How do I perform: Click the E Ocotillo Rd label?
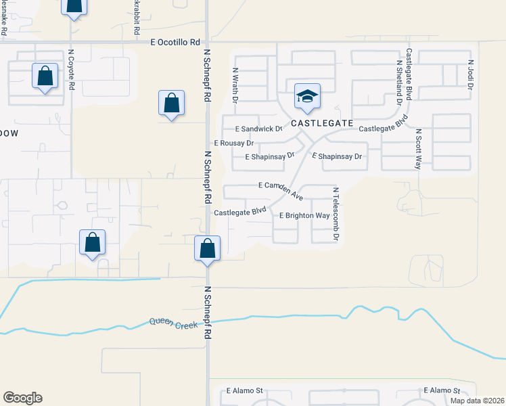(x=177, y=42)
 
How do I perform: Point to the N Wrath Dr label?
(x=235, y=85)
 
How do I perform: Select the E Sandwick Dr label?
(x=258, y=129)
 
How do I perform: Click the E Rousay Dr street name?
(x=233, y=143)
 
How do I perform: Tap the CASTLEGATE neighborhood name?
(x=323, y=123)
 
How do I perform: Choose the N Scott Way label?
(x=419, y=149)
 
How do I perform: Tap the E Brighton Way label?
(x=304, y=216)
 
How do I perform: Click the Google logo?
(x=22, y=398)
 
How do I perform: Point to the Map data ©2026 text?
(x=478, y=401)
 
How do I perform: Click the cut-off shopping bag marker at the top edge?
(x=73, y=7)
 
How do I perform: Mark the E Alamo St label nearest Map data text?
(x=442, y=391)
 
